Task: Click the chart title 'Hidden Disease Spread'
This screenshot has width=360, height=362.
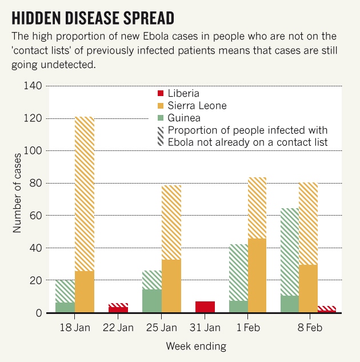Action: [x=93, y=18]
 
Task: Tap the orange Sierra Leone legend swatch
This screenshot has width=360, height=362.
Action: [x=161, y=106]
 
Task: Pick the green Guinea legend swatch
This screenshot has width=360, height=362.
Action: [x=161, y=118]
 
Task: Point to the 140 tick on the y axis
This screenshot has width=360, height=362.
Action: [x=33, y=86]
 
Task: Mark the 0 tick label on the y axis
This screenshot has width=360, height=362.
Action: [x=38, y=313]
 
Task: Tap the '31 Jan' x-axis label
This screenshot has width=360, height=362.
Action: [x=205, y=328]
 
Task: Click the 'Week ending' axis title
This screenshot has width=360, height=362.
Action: [x=196, y=346]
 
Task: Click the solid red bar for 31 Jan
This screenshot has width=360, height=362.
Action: [x=205, y=307]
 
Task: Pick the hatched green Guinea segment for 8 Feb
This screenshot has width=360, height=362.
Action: [x=290, y=252]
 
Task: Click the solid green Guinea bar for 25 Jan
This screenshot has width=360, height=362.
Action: [x=152, y=301]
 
